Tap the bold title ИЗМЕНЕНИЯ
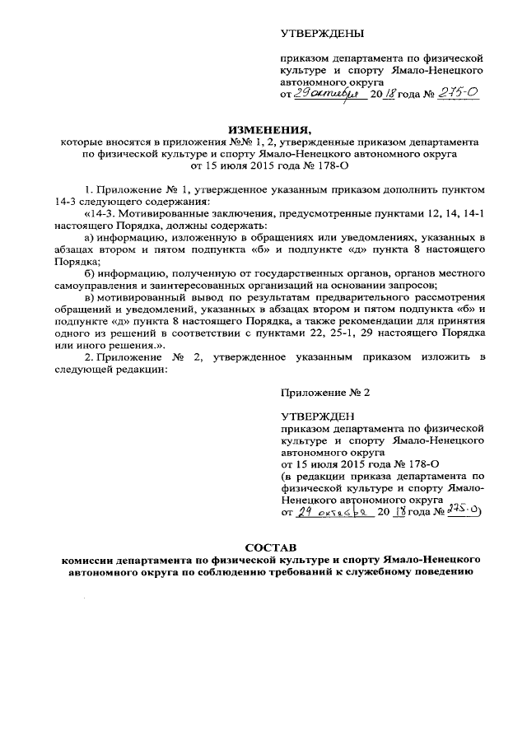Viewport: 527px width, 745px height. click(x=270, y=130)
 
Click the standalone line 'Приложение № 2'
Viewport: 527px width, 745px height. click(x=325, y=393)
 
